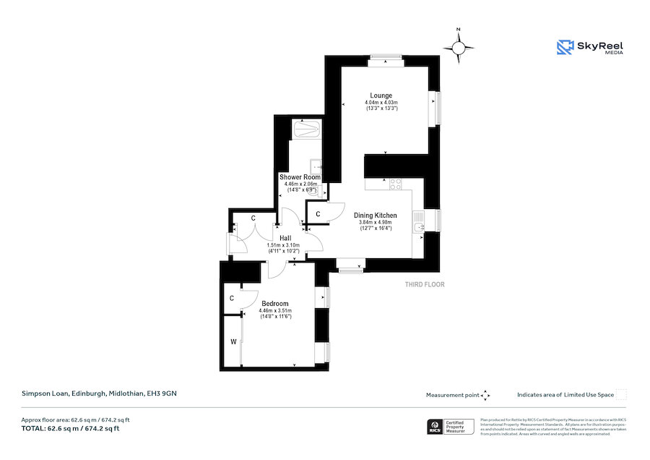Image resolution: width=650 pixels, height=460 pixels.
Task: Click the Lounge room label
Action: pos(381,95)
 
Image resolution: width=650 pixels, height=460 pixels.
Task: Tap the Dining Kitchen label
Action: pos(375,216)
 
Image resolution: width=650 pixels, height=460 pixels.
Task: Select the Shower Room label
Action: pos(300,177)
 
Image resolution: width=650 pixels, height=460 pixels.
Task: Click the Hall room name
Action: pos(285,238)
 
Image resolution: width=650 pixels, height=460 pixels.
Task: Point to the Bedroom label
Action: pos(275,303)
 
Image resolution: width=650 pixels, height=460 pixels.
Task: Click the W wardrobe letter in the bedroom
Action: pos(233,341)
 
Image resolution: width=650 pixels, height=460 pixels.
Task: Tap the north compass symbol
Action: pos(458,48)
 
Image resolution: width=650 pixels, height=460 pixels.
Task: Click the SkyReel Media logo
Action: pos(590,48)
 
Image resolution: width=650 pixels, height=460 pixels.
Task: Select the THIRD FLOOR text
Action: pos(425,285)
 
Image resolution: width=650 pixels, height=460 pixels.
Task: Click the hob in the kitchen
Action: pos(396,184)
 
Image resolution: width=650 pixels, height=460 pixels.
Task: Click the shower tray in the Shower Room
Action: pos(306,129)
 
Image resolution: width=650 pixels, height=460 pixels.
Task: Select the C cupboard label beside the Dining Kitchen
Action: pos(318,213)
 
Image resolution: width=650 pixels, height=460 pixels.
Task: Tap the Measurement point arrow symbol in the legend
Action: pos(485,395)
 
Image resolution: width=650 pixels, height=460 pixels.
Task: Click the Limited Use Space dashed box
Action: pos(621,395)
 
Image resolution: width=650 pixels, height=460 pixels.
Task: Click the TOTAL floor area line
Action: pos(70,429)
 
